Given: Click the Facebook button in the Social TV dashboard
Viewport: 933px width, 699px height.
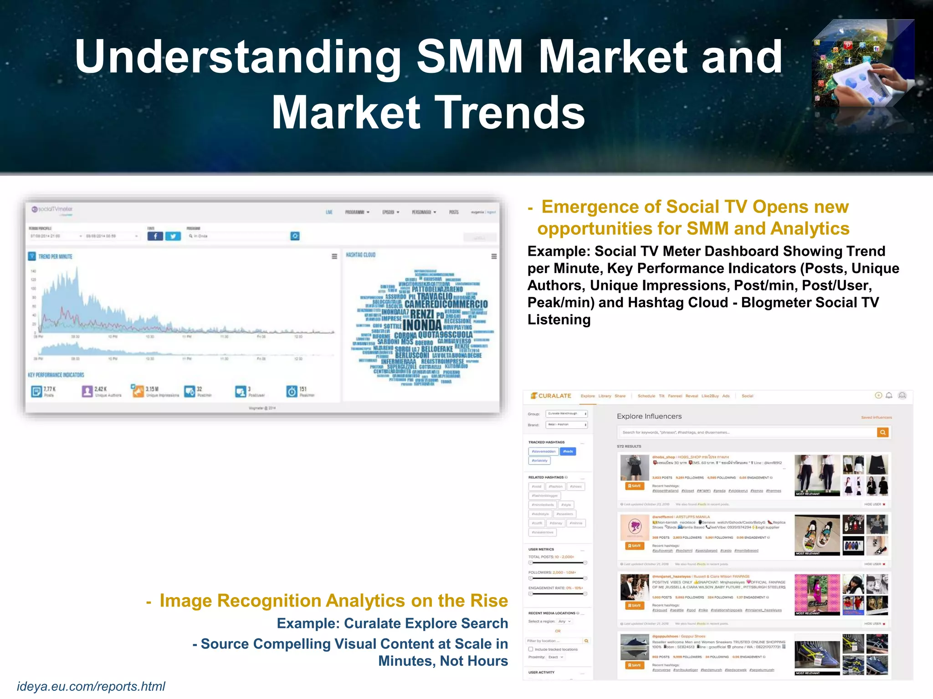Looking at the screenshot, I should [155, 236].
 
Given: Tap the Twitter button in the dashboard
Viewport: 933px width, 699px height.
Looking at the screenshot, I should [173, 236].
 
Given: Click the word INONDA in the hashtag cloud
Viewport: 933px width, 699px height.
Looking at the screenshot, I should [422, 325].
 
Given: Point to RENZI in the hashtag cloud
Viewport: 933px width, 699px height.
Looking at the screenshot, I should [422, 314].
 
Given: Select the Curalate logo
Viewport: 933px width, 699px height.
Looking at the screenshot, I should [551, 396].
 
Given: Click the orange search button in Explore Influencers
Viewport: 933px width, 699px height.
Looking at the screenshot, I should [883, 432].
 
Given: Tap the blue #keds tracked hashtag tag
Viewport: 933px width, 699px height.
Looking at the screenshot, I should [568, 451].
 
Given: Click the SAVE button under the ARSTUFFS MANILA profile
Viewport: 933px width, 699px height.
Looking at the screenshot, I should [634, 546].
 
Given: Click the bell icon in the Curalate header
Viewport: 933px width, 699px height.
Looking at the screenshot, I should [889, 395].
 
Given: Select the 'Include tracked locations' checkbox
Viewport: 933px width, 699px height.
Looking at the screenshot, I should [531, 649].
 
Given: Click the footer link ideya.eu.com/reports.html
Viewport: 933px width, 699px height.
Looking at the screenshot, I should [91, 686].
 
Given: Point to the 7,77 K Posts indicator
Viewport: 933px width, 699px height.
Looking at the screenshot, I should [44, 391].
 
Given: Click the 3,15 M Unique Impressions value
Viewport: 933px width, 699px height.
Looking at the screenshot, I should [152, 389].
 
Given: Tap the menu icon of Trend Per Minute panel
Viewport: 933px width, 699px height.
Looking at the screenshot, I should [334, 257].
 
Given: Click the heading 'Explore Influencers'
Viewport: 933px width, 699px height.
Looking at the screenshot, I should [649, 416].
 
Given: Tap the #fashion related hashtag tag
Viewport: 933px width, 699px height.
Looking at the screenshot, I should [556, 486].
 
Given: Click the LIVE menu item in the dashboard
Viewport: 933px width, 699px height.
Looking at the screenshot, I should [329, 212].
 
